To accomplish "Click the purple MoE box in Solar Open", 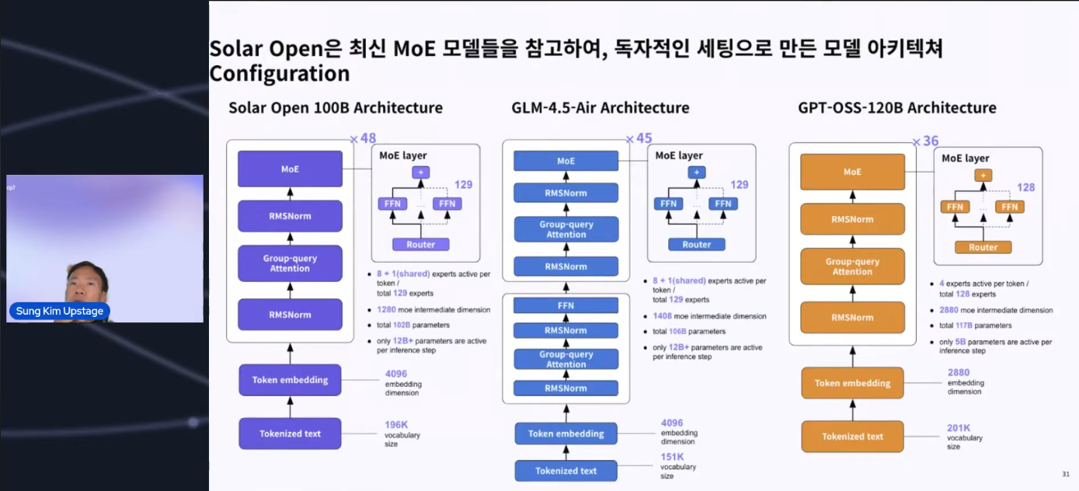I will pyautogui.click(x=290, y=169).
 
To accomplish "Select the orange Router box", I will pyautogui.click(x=983, y=247).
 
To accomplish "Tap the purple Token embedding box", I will pyautogui.click(x=290, y=380).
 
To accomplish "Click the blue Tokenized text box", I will pyautogui.click(x=566, y=471).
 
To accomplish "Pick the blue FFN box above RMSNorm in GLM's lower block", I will pyautogui.click(x=566, y=305).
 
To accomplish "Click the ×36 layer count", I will pyautogui.click(x=925, y=141).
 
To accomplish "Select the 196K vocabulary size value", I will pyautogui.click(x=396, y=425).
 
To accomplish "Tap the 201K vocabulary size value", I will pyautogui.click(x=959, y=428).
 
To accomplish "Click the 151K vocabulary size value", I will pyautogui.click(x=672, y=457).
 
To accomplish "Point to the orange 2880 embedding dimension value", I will pyautogui.click(x=959, y=372).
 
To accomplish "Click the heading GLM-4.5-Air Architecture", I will pyautogui.click(x=600, y=108).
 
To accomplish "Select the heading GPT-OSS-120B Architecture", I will pyautogui.click(x=896, y=108).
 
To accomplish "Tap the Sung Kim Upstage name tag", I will pyautogui.click(x=60, y=311).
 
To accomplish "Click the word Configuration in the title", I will pyautogui.click(x=280, y=74).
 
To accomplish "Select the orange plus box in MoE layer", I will pyautogui.click(x=983, y=176).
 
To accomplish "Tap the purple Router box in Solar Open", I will pyautogui.click(x=420, y=244).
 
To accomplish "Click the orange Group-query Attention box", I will pyautogui.click(x=852, y=266).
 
